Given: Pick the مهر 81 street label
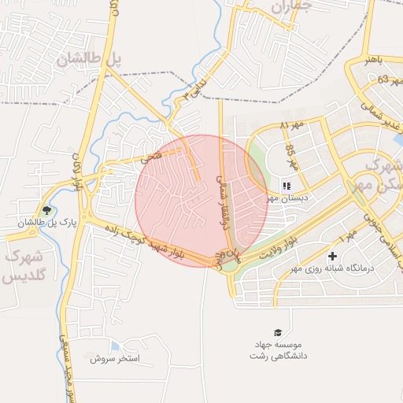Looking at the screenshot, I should [x=294, y=127].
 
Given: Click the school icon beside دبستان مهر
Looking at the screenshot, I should [x=286, y=187].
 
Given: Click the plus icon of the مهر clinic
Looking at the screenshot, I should [x=332, y=257].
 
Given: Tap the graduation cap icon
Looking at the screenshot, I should [x=276, y=333].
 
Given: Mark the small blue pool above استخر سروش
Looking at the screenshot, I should [x=115, y=346].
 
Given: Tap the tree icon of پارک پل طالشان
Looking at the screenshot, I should [x=47, y=210].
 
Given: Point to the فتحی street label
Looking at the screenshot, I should [x=150, y=157].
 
